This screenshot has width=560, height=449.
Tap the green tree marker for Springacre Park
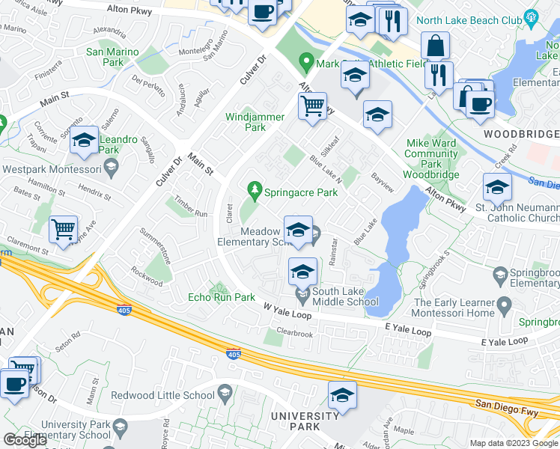(255, 192)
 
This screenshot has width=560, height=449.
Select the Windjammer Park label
(255, 122)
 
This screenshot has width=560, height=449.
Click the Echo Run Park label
(221, 297)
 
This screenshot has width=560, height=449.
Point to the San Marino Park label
(115, 57)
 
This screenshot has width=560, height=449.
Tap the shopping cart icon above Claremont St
(64, 230)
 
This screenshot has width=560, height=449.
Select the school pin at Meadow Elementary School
(298, 230)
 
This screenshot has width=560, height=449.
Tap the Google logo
(25, 440)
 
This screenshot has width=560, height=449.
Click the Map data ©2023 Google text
(513, 443)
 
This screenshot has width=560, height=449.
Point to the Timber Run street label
(191, 207)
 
